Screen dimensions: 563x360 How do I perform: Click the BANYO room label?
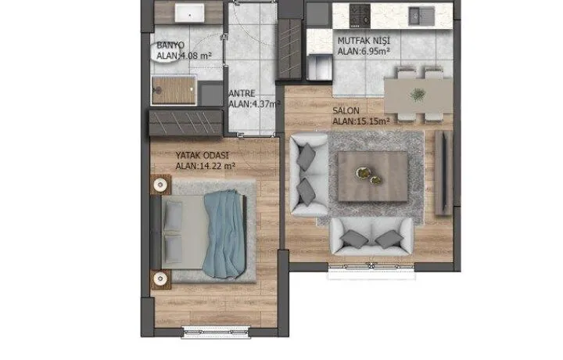click(x=170, y=45)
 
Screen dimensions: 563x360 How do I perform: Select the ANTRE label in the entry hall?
click(x=242, y=93)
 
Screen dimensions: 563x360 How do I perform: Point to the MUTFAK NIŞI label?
click(x=364, y=41)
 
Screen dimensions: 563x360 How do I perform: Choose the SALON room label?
click(x=346, y=110)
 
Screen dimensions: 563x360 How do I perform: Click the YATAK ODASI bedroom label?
click(x=202, y=155)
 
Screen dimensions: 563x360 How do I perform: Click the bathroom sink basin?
click(x=189, y=13)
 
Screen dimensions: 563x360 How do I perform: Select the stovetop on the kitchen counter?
click(x=360, y=15)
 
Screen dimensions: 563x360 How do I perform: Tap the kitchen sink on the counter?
click(x=421, y=16)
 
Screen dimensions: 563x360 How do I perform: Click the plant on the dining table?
click(x=418, y=95)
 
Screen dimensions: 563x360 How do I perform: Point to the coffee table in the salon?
click(x=373, y=176)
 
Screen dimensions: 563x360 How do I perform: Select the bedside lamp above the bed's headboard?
click(x=160, y=185)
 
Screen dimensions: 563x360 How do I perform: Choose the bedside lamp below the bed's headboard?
click(x=160, y=279)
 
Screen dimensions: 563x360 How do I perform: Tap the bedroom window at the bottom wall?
click(x=216, y=333)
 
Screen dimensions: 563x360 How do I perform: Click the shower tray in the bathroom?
click(x=174, y=90)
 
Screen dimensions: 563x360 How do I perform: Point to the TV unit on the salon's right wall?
click(x=444, y=173)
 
